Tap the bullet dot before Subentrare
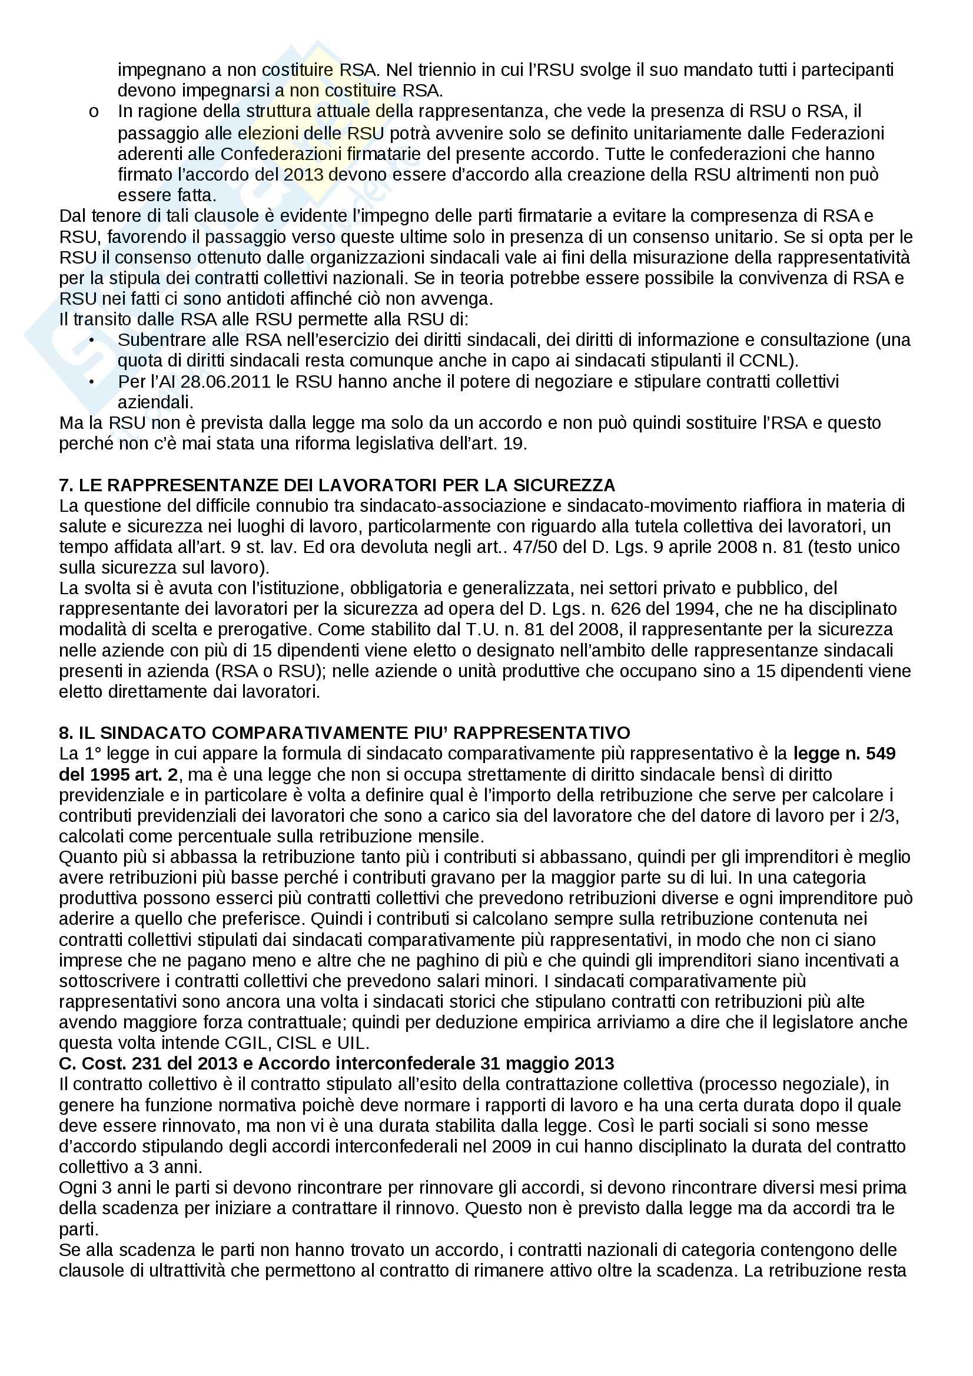pos(92,340)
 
